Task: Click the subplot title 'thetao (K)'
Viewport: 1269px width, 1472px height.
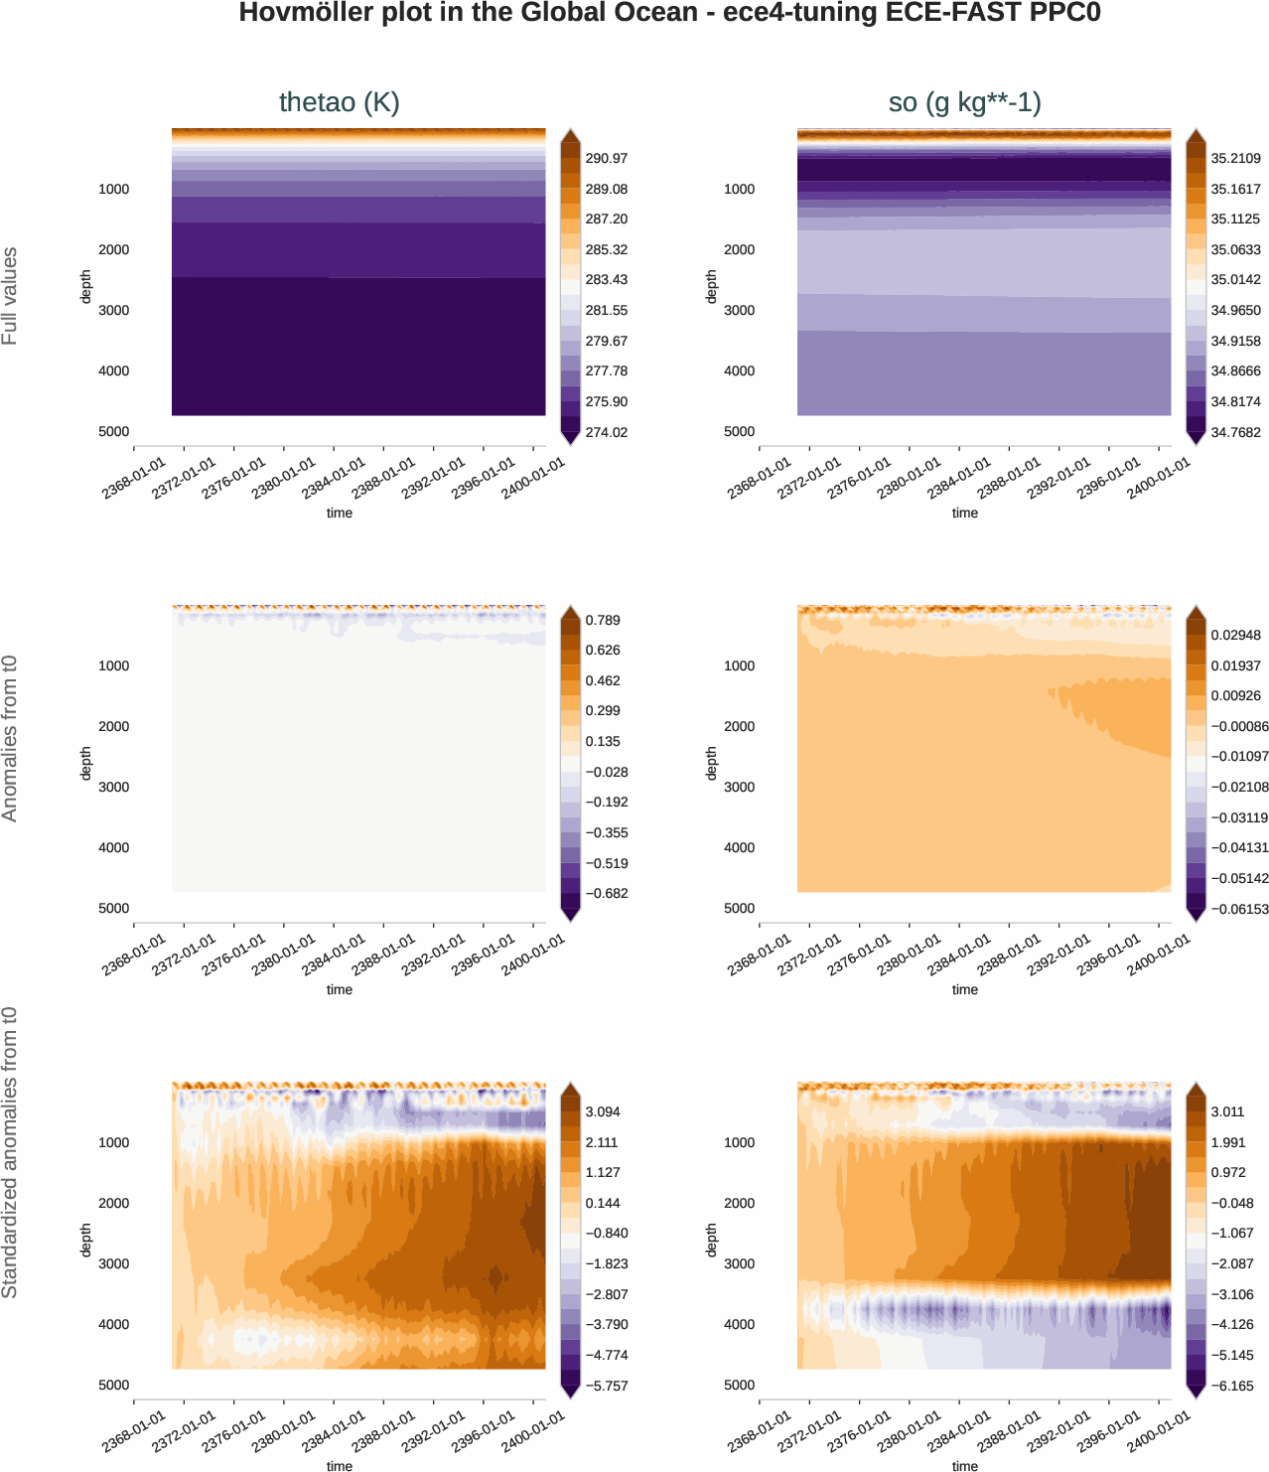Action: (339, 102)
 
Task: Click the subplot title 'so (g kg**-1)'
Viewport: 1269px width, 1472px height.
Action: (964, 102)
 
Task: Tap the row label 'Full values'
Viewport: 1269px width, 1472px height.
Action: (10, 296)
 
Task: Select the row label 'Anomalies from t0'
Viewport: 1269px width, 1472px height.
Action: (10, 738)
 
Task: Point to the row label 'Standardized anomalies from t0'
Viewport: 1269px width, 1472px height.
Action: (10, 1152)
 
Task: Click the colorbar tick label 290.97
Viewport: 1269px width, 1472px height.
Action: (606, 158)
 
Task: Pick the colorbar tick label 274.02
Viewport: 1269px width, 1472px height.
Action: (606, 432)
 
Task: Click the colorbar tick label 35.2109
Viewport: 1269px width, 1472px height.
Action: (1235, 158)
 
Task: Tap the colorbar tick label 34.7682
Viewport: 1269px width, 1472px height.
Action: (1235, 432)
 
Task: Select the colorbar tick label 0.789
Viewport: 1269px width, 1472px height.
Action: (603, 620)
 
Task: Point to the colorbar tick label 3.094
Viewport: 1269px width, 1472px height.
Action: (603, 1111)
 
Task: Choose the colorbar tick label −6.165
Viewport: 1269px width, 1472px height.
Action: (1232, 1386)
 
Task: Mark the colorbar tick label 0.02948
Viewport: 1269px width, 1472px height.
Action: (1235, 635)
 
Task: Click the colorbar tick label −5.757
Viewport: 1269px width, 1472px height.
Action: (606, 1386)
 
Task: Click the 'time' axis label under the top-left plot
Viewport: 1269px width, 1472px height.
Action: (339, 513)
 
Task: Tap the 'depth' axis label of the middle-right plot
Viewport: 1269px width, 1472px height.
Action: (711, 763)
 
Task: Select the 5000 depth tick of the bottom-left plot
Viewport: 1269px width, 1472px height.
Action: (113, 1385)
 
